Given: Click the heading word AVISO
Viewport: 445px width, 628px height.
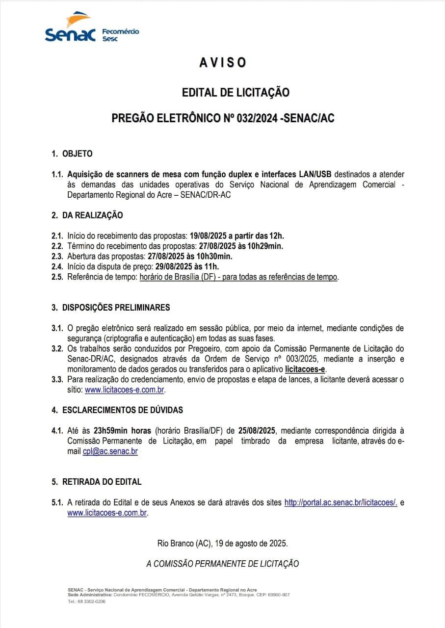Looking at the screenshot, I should click(222, 63).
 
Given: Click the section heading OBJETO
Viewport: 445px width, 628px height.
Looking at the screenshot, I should click(77, 154).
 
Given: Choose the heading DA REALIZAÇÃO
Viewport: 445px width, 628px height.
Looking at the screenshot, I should click(92, 215).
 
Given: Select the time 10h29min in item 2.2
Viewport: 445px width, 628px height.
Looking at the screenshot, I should click(265, 246).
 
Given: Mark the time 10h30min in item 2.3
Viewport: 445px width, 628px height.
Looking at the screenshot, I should click(214, 256).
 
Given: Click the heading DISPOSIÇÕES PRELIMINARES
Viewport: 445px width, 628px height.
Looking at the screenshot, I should click(116, 308).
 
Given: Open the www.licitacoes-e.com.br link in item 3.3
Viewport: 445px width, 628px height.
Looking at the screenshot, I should click(125, 390).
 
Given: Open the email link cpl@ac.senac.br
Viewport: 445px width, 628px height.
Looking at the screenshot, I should click(110, 451).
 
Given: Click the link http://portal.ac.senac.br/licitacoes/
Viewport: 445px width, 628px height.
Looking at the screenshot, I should click(340, 502).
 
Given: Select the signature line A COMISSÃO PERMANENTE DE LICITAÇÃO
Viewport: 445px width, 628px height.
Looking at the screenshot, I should click(222, 564).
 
